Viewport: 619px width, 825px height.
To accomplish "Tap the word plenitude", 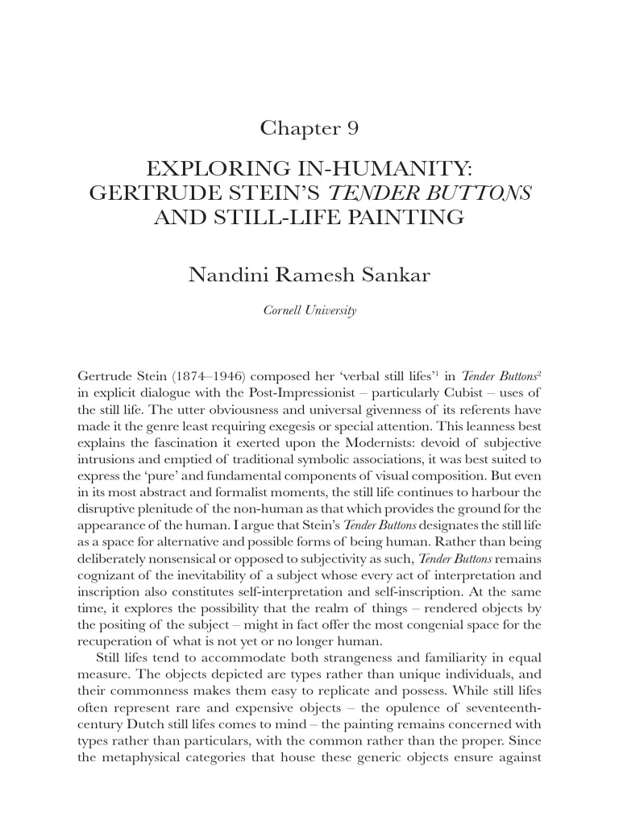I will [177, 511].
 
